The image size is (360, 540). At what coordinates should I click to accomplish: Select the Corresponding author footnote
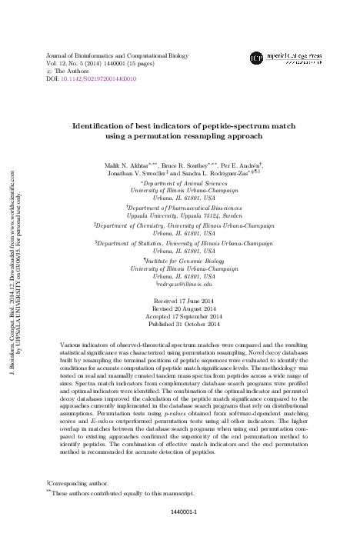(76, 483)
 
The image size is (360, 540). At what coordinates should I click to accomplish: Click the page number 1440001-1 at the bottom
(183, 512)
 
